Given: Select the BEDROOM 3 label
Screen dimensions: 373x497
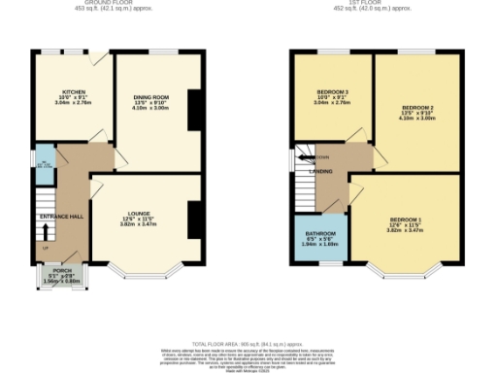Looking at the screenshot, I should tap(332, 92).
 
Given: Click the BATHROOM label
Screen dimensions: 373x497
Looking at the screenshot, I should tap(318, 234).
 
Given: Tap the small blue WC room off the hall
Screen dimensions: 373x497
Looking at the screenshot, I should tap(45, 164).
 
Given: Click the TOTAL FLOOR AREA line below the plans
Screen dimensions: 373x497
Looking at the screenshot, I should tap(248, 345).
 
